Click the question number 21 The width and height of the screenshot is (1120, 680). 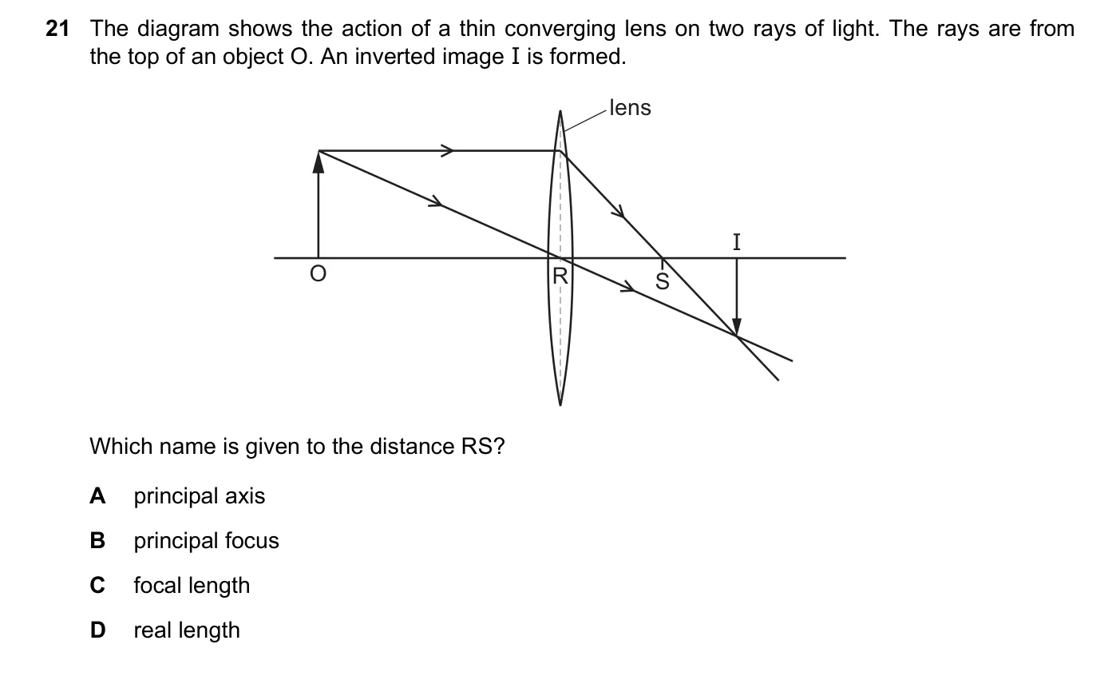coord(57,29)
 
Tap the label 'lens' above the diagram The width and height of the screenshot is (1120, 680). coord(630,108)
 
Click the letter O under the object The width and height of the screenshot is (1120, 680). coord(318,274)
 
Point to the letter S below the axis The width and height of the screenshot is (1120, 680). coord(663,281)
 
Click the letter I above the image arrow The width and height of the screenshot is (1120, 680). coord(737,242)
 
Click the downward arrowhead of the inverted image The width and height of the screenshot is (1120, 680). coord(737,326)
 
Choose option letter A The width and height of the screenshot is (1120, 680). coord(97,496)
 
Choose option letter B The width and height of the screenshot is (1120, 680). coord(97,540)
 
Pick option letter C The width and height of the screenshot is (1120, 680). coord(97,585)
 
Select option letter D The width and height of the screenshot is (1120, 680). coord(98,630)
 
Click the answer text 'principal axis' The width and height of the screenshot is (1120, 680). coord(199,496)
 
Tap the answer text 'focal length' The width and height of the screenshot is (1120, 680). coord(192,586)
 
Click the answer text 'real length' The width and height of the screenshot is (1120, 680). coord(187,630)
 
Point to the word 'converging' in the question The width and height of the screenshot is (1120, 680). coord(560,30)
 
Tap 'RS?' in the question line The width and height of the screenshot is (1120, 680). coord(483,447)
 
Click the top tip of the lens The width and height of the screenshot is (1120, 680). coord(560,111)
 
